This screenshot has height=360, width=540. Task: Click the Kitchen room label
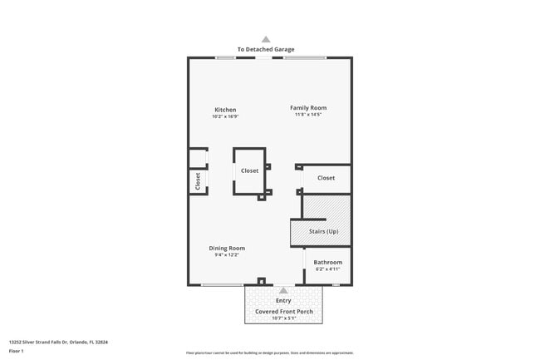pos(225,110)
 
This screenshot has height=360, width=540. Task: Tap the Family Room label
pos(307,107)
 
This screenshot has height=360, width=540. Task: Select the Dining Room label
pos(226,248)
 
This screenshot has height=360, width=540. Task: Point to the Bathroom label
pos(327,263)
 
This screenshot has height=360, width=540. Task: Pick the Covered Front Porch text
pos(282,311)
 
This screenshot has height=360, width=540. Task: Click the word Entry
pos(283,300)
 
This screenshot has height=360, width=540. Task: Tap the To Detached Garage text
pos(266,50)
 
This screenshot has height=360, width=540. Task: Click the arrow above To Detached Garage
pos(266,39)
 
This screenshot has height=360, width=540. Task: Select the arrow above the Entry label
pos(283,290)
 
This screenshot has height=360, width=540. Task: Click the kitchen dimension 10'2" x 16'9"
pos(225,116)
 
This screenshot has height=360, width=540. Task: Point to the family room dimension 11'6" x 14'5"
pos(307,114)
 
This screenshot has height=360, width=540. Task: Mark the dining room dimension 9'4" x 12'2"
pos(226,254)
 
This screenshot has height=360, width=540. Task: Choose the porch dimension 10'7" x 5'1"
pos(282,318)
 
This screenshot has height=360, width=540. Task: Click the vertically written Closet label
pos(198,181)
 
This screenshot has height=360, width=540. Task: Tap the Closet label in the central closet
pos(249,170)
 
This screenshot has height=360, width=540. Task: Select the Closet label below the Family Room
pos(326,178)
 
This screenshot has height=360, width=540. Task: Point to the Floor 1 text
pos(17,351)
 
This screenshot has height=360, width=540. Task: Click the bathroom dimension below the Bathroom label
pos(327,269)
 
